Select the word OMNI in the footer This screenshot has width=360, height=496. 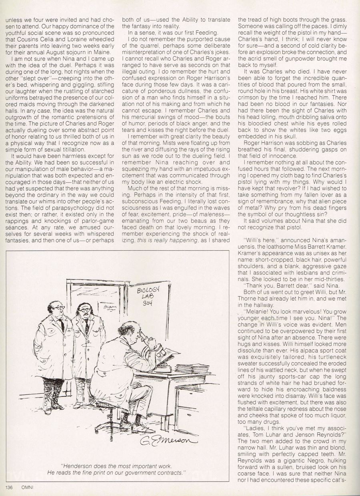pyautogui.click(x=27, y=487)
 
